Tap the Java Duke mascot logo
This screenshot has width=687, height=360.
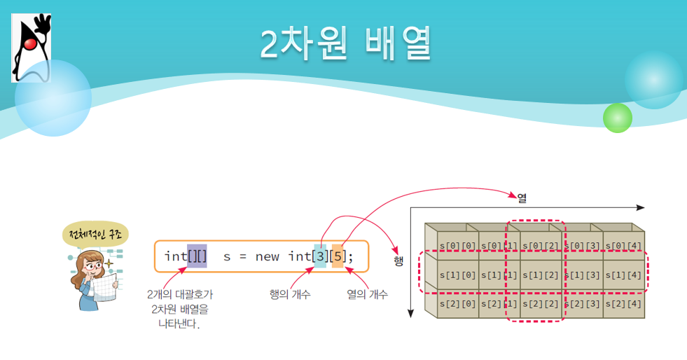click(x=32, y=48)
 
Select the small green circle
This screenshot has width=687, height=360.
click(x=617, y=118)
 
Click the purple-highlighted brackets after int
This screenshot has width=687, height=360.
click(x=197, y=256)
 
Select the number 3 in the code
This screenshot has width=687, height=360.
click(x=319, y=256)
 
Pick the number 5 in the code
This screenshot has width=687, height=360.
click(x=338, y=256)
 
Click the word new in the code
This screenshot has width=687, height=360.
click(x=268, y=256)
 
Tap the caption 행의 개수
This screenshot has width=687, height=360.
click(x=290, y=294)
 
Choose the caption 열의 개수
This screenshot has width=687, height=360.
click(x=368, y=294)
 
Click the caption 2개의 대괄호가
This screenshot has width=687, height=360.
click(x=181, y=294)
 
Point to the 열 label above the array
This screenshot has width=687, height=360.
click(x=522, y=198)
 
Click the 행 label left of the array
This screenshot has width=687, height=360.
click(x=398, y=261)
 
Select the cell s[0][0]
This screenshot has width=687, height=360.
click(x=458, y=245)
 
